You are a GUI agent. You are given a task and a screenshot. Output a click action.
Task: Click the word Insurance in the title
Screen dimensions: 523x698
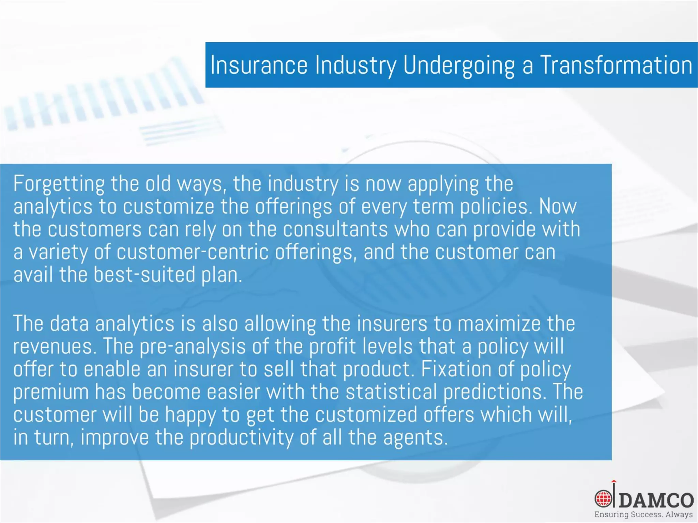pos(259,65)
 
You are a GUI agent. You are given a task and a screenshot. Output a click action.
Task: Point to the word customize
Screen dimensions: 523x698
pos(168,207)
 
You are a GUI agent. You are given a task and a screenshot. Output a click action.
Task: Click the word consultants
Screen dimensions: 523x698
pos(335,229)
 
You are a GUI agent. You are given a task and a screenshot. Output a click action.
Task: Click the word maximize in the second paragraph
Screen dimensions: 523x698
pos(499,324)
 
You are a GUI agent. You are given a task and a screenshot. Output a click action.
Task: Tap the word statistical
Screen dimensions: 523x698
pos(391,392)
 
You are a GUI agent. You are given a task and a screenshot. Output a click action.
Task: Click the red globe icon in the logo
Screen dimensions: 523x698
pos(603,499)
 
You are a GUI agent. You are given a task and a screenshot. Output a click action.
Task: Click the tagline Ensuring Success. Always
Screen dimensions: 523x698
pos(643,514)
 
